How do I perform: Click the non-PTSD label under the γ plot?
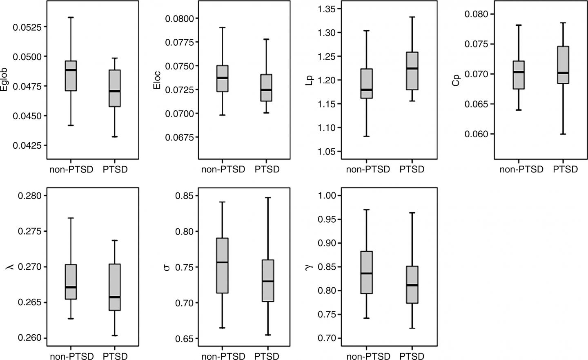pyautogui.click(x=368, y=356)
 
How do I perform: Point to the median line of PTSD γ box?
pyautogui.click(x=412, y=285)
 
